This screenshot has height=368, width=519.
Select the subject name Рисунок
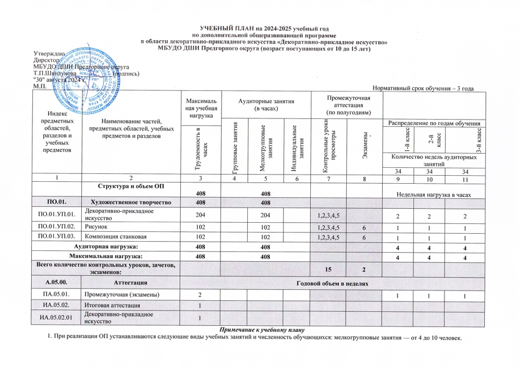[x=96, y=226]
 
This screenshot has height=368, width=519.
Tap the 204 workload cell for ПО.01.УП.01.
[x=199, y=215]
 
